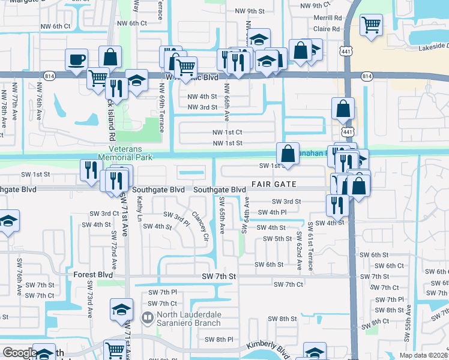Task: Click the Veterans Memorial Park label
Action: point(136,153)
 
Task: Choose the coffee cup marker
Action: point(77,60)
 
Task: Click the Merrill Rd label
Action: point(327,19)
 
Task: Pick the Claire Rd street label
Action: point(327,28)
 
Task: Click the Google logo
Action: point(19,353)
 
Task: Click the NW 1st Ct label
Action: point(227,132)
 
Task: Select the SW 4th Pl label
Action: point(273,212)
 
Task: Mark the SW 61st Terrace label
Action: point(311,246)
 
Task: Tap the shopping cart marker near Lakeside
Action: point(372,26)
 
